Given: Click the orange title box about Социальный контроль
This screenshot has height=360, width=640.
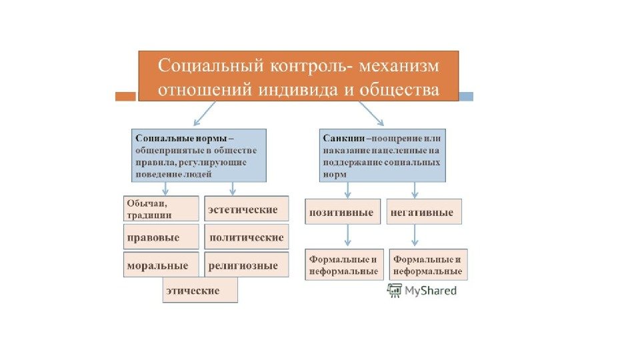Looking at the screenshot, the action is pos(298,75).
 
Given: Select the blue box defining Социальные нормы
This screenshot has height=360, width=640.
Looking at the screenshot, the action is pos(199,155).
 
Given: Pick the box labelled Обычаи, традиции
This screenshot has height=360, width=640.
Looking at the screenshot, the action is pos(161,208).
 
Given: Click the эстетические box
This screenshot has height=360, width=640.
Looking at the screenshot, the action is pos(246,209).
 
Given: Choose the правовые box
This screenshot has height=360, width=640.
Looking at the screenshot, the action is pos(161,237).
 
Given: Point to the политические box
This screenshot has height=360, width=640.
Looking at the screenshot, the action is pos(246,237).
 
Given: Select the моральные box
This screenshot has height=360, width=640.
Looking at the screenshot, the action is pos(161,265).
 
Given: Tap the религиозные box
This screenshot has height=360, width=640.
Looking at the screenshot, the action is pos(246,265).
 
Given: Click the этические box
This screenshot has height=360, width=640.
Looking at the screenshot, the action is pos(200,291).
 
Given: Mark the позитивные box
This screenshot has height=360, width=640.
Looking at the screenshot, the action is pos(343,212).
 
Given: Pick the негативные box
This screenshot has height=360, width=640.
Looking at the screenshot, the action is pos(425,212).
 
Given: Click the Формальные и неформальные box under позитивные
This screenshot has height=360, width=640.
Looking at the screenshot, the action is pos(343,265).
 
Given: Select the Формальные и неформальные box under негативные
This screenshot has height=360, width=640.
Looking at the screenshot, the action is pos(428,265).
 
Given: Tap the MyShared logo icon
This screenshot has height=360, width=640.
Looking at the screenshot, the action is pos(395,290).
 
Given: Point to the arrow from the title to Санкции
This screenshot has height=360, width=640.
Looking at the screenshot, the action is pos(371,113).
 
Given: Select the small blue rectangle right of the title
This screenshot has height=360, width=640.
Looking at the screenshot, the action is pos(466,96).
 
